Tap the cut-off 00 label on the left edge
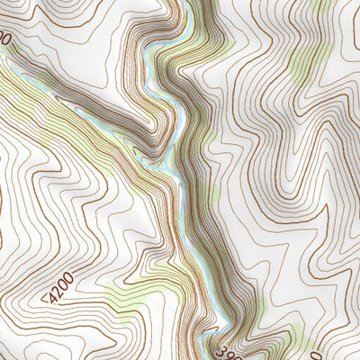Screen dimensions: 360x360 (x=4, y=40)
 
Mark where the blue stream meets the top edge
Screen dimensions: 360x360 (x=187, y=2)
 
